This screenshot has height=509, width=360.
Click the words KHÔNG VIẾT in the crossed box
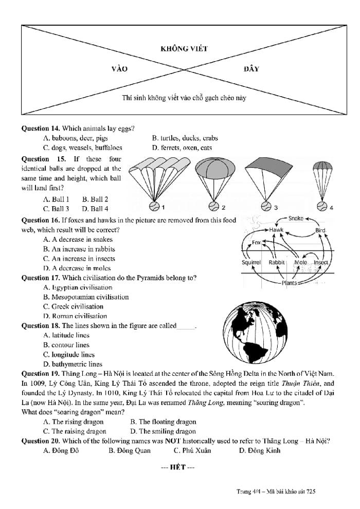pos(184,49)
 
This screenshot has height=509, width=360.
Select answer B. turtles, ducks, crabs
pos(185,138)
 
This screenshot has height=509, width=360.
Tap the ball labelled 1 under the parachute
pos(154,207)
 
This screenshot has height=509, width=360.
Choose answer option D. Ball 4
pos(95,209)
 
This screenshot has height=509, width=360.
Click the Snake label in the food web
pos(296,219)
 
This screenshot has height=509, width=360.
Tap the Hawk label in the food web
pos(276,230)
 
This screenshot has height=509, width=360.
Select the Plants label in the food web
pos(289,283)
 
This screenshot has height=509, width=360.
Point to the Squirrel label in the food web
pos(251,262)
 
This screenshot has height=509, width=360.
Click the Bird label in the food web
pos(320,230)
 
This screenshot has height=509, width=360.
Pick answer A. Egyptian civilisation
pos(78,287)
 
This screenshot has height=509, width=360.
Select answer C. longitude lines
pos(69,355)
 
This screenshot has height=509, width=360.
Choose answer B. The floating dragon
pos(163,422)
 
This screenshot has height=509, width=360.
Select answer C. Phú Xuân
pos(192,451)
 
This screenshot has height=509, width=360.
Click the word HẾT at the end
pos(177,467)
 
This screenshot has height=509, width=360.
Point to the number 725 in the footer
pos(310,492)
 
